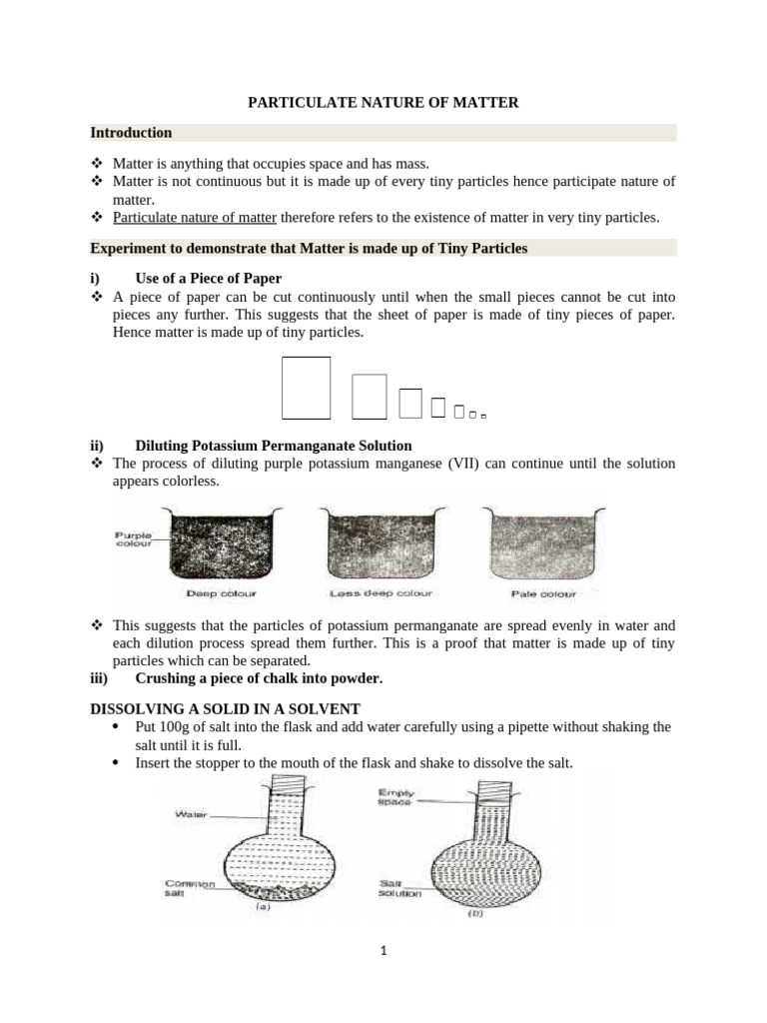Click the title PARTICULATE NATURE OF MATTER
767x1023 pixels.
pyautogui.click(x=383, y=102)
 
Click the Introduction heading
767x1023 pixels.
pyautogui.click(x=131, y=133)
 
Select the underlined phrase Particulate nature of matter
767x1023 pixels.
pyautogui.click(x=195, y=217)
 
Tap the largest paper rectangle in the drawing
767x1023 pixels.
pyautogui.click(x=306, y=388)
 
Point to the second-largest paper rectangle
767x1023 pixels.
pyautogui.click(x=370, y=396)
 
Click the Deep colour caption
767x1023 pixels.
pyautogui.click(x=222, y=593)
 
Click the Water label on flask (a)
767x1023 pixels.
pyautogui.click(x=191, y=814)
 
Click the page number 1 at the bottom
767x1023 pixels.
pyautogui.click(x=383, y=951)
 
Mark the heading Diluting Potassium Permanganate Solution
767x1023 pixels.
pyautogui.click(x=274, y=446)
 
